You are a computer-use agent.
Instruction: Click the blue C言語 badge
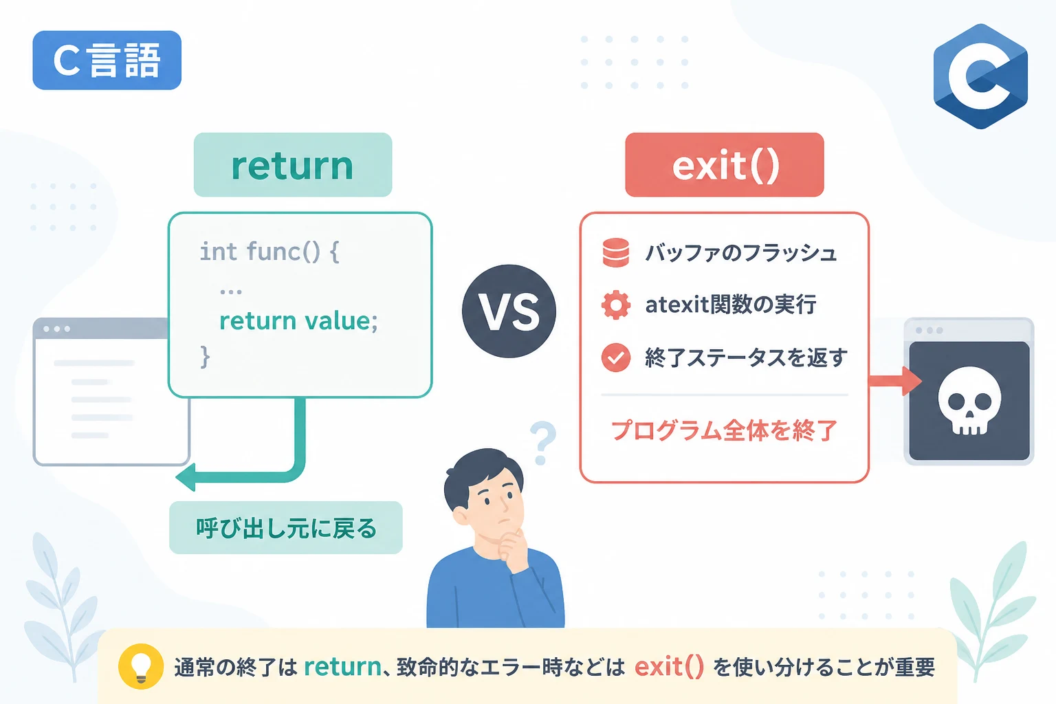pyautogui.click(x=107, y=60)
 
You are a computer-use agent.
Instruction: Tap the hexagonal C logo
pyautogui.click(x=980, y=76)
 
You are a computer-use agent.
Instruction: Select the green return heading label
pyautogui.click(x=293, y=164)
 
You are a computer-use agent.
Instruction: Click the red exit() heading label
pyautogui.click(x=725, y=164)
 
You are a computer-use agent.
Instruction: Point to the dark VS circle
pyautogui.click(x=509, y=311)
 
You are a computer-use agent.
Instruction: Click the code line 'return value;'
pyautogui.click(x=298, y=322)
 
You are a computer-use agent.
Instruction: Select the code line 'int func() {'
pyautogui.click(x=269, y=252)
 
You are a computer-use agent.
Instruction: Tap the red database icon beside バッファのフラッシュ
pyautogui.click(x=616, y=253)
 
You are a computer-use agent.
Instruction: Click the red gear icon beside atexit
pyautogui.click(x=616, y=305)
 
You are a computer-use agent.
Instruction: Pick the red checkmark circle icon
pyautogui.click(x=616, y=358)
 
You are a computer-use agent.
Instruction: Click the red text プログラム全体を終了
pyautogui.click(x=724, y=430)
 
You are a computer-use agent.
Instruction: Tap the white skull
pyautogui.click(x=969, y=400)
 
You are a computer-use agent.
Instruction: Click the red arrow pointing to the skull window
pyautogui.click(x=894, y=381)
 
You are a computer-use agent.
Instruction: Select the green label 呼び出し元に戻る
pyautogui.click(x=286, y=527)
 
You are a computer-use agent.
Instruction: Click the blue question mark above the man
pyautogui.click(x=543, y=442)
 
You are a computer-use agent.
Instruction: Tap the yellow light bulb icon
pyautogui.click(x=140, y=666)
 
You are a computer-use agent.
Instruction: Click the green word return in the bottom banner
pyautogui.click(x=343, y=667)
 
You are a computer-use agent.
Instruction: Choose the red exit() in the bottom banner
pyautogui.click(x=669, y=667)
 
